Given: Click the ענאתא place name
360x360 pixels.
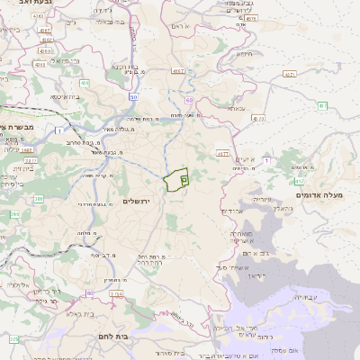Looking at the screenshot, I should point(236,108).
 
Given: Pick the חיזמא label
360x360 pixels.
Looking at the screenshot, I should point(243,53).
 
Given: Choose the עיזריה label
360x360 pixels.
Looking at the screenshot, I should point(262,199).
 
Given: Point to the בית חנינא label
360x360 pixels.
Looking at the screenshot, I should point(121,67).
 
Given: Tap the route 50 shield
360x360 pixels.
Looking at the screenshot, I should point(134,96).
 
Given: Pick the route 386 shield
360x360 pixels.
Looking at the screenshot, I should point(39,199).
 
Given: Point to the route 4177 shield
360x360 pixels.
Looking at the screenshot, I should point(222,154).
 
